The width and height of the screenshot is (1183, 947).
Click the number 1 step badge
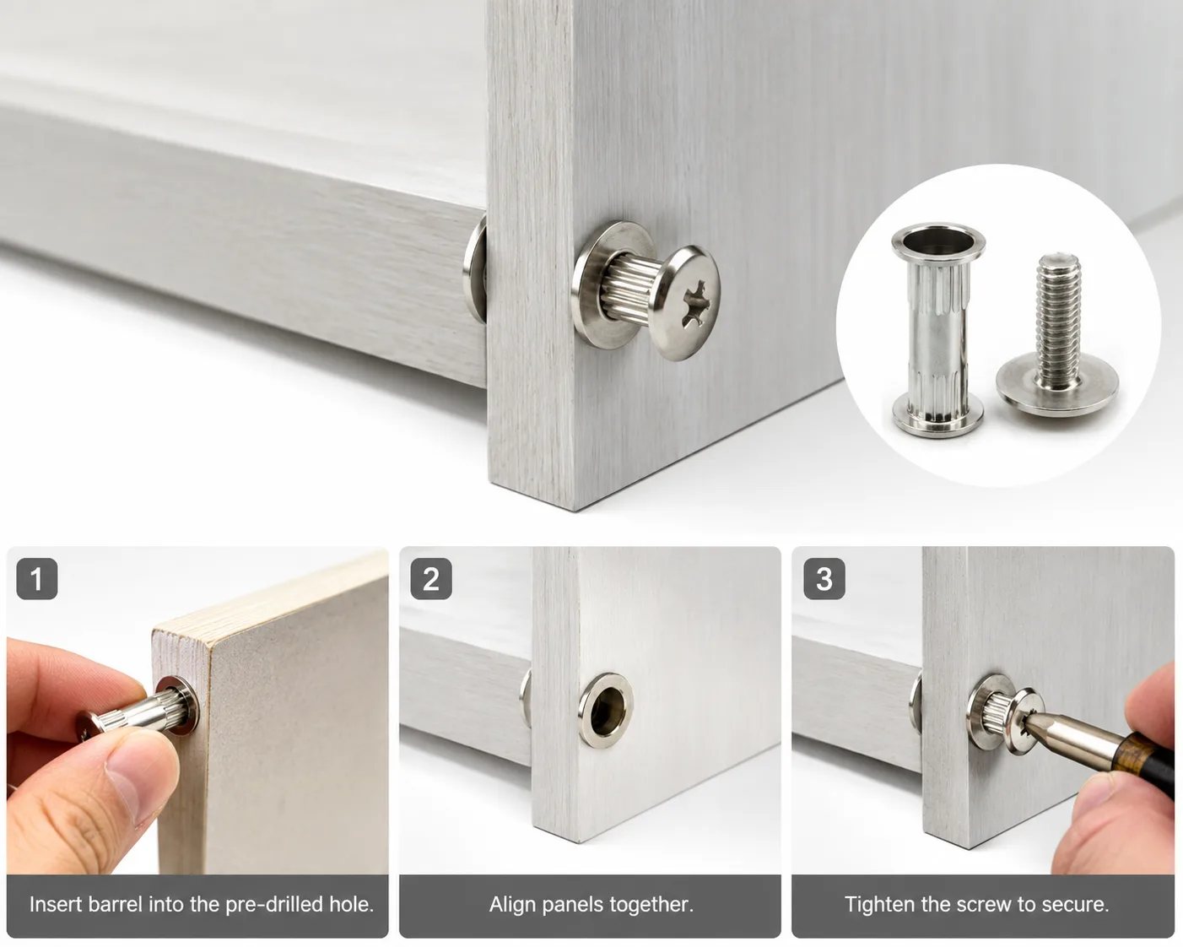pyautogui.click(x=37, y=578)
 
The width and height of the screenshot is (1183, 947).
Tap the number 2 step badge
pyautogui.click(x=431, y=578)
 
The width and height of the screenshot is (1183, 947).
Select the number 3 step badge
pyautogui.click(x=824, y=578)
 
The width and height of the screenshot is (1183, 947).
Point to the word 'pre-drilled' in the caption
pyautogui.click(x=274, y=905)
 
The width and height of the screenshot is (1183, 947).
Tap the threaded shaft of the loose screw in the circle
pyautogui.click(x=1057, y=317)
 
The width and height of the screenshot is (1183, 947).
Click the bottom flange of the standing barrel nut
pyautogui.click(x=937, y=418)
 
